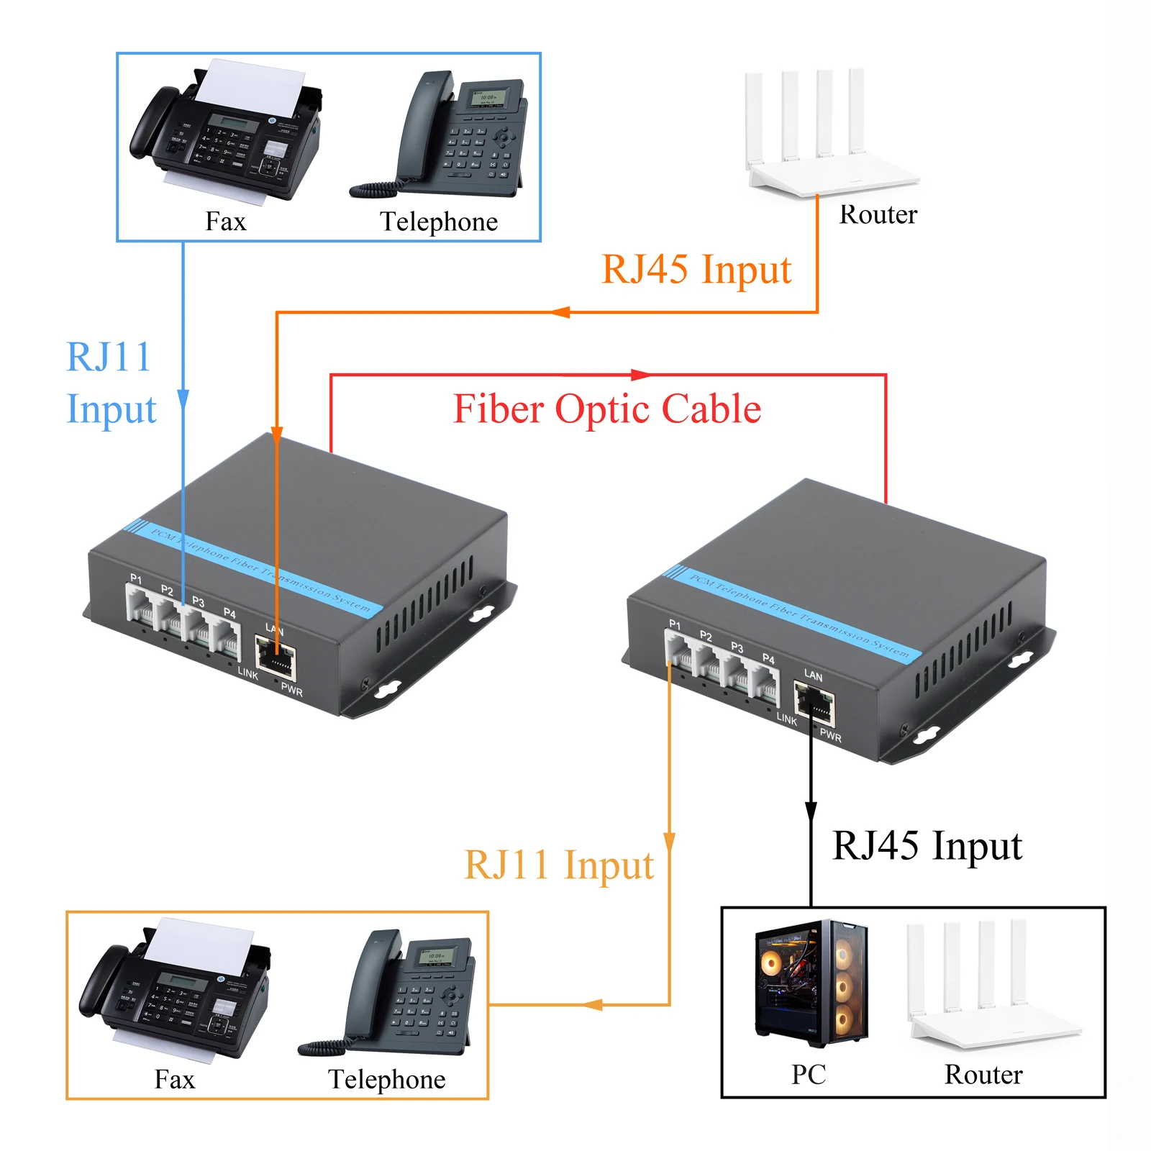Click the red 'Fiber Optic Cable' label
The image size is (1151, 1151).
[606, 409]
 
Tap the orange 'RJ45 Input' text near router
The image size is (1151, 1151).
[696, 270]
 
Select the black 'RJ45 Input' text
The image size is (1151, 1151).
[927, 846]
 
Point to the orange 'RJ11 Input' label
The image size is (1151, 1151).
[559, 865]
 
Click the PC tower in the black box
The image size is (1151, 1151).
[811, 983]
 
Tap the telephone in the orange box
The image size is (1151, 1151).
[396, 996]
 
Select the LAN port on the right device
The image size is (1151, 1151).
[814, 704]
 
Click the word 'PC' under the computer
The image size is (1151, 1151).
[809, 1075]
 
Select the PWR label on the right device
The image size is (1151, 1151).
[830, 736]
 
